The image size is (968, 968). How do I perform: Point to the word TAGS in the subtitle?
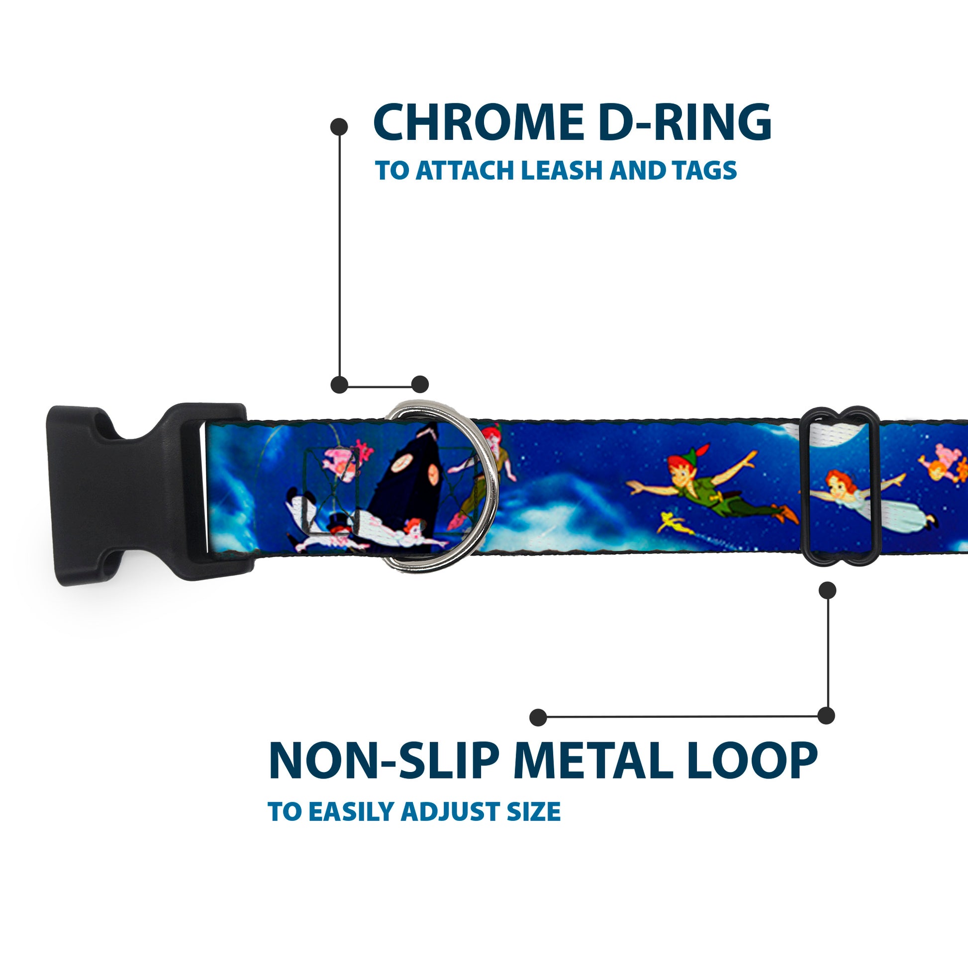click(x=705, y=171)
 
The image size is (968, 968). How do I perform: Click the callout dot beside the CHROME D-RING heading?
click(x=339, y=126)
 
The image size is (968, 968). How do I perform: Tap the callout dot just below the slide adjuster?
click(x=827, y=590)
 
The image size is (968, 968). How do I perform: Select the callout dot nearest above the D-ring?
click(x=420, y=385)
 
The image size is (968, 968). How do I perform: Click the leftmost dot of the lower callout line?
click(x=538, y=717)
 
